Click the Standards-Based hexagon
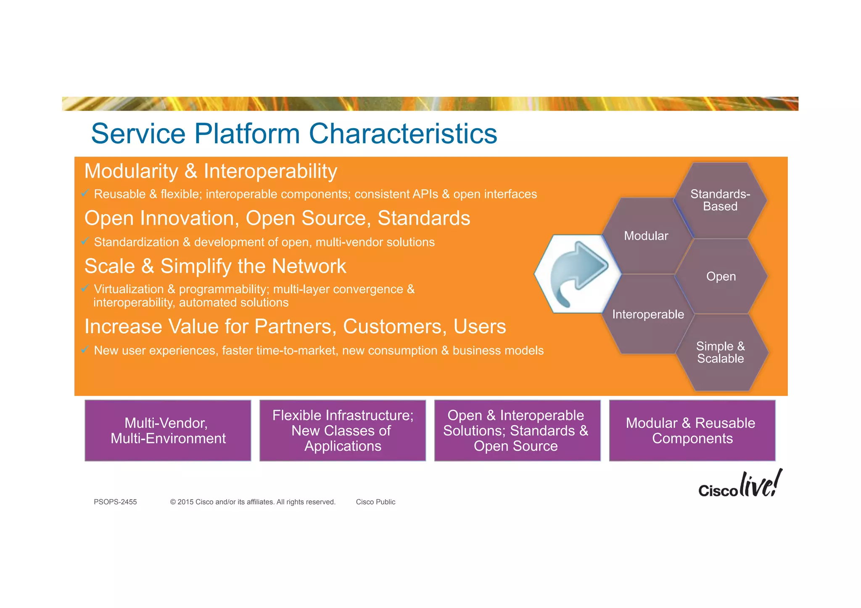pos(720,200)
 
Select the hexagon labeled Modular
pos(646,236)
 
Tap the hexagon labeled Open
pos(721,276)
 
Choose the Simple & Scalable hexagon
pos(721,353)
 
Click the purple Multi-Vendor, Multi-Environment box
pos(168,431)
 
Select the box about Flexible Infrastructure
pos(343,431)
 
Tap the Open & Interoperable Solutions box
pos(517,431)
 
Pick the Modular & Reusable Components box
pos(692,431)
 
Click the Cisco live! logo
pos(740,484)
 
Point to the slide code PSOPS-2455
pos(115,502)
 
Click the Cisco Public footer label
pos(375,502)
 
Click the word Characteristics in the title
pos(403,134)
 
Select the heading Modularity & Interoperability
pos(211,171)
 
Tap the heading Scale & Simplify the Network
pos(215,266)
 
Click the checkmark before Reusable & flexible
pos(85,193)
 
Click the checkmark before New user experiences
pos(85,350)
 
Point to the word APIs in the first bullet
pos(425,194)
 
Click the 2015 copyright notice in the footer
pos(253,502)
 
